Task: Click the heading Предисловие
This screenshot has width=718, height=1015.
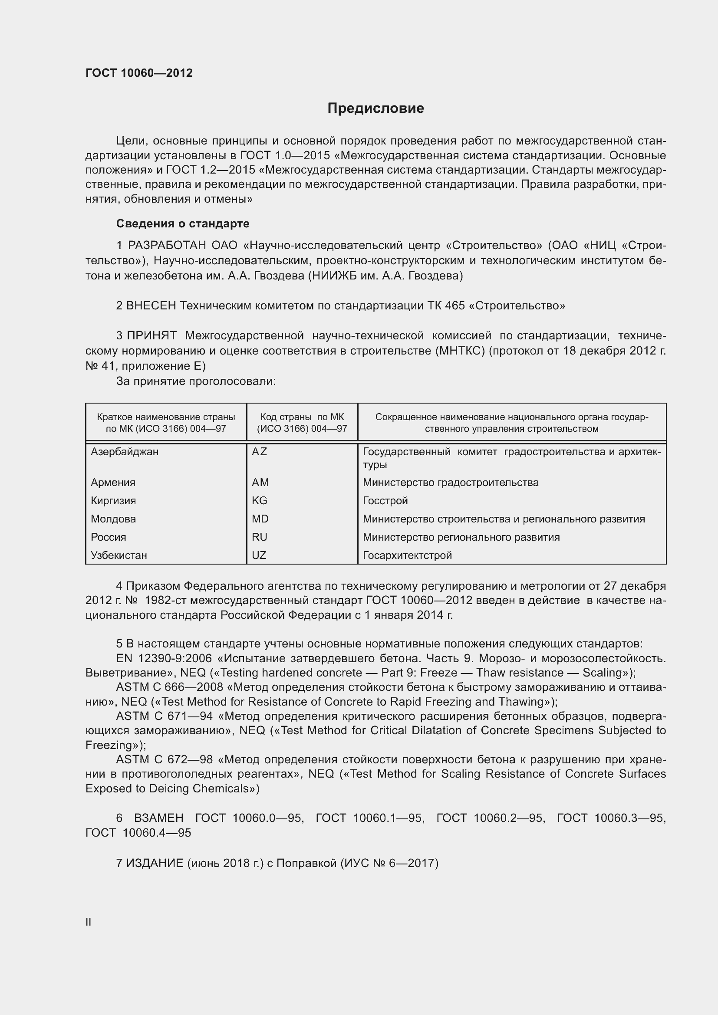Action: click(375, 108)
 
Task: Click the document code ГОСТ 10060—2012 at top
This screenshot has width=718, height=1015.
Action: click(139, 73)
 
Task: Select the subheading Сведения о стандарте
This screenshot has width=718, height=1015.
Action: click(183, 223)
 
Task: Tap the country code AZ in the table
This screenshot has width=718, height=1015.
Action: click(259, 451)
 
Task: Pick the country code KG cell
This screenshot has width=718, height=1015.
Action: click(260, 500)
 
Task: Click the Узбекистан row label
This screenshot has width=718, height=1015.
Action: click(119, 555)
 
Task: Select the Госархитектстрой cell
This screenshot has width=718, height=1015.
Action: click(407, 555)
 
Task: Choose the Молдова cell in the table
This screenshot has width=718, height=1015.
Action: click(113, 519)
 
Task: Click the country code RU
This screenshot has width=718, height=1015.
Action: click(260, 537)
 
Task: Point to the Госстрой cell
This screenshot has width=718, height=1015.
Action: click(385, 500)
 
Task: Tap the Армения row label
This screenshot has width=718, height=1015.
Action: click(113, 482)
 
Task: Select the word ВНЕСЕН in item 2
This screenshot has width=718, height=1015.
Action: click(151, 305)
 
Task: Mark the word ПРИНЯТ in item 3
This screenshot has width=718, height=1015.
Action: click(152, 335)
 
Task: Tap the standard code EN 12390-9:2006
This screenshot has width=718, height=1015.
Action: click(164, 658)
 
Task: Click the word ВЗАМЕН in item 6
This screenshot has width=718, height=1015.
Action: click(158, 818)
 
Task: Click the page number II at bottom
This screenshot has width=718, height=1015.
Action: click(89, 922)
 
